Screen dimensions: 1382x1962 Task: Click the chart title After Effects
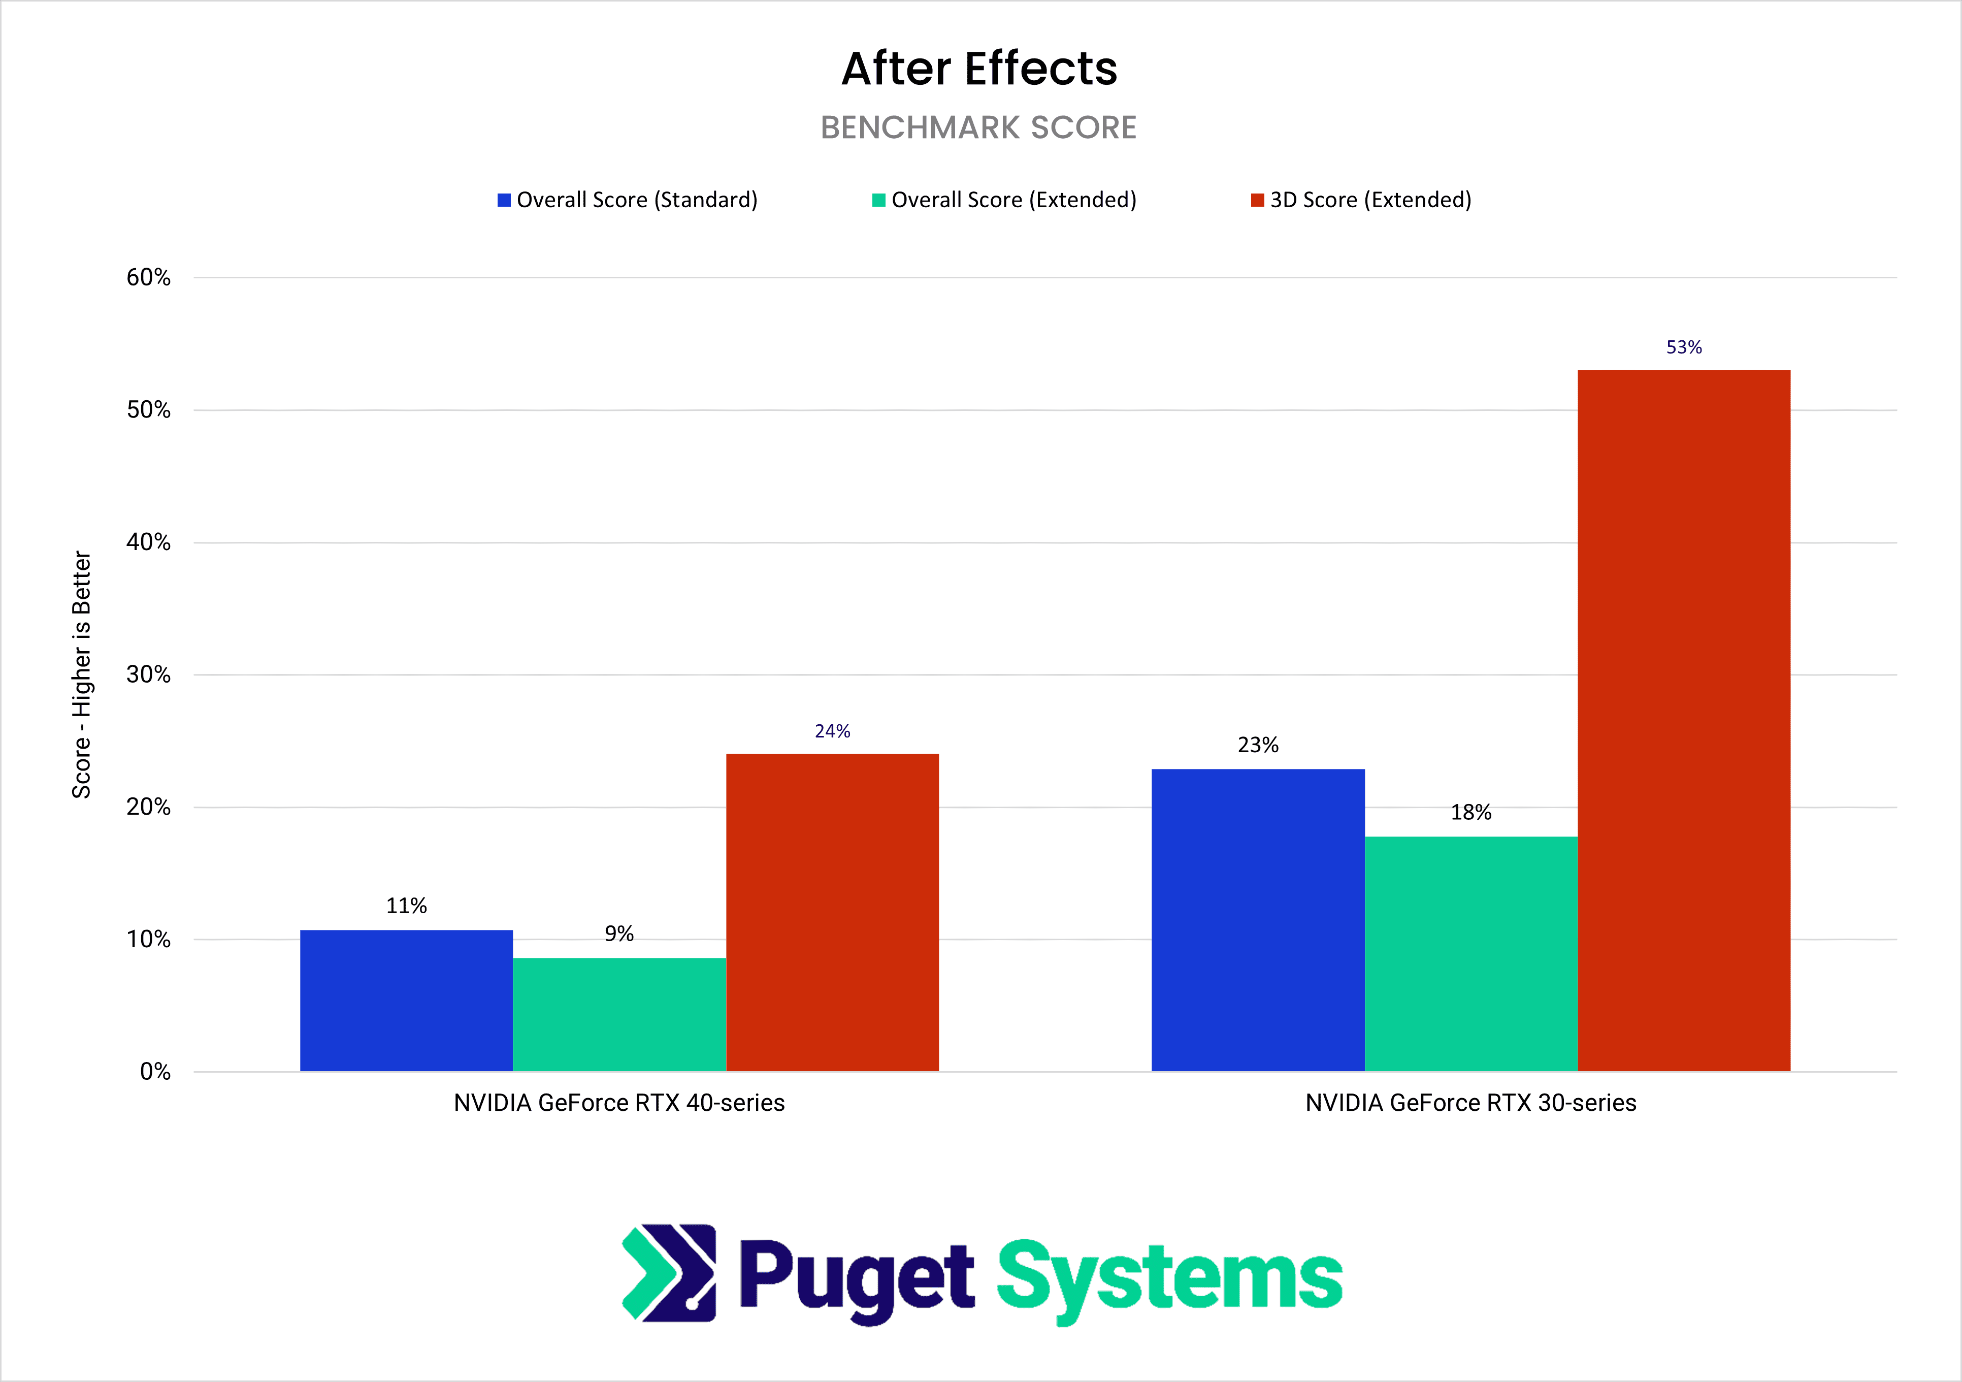979,69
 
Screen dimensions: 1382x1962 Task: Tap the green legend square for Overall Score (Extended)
878,200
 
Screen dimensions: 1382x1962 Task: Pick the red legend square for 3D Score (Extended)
1257,200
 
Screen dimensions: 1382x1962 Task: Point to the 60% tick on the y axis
149,278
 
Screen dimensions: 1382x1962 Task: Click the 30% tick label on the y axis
149,675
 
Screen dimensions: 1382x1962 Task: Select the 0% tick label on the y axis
155,1072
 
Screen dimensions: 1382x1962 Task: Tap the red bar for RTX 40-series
832,912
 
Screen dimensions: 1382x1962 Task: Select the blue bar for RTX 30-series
1258,920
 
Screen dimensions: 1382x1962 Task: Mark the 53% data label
1683,347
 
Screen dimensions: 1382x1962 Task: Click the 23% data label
1258,745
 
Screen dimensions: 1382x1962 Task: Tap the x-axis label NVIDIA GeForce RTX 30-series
1470,1103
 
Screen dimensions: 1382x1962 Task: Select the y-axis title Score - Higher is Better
81,675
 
